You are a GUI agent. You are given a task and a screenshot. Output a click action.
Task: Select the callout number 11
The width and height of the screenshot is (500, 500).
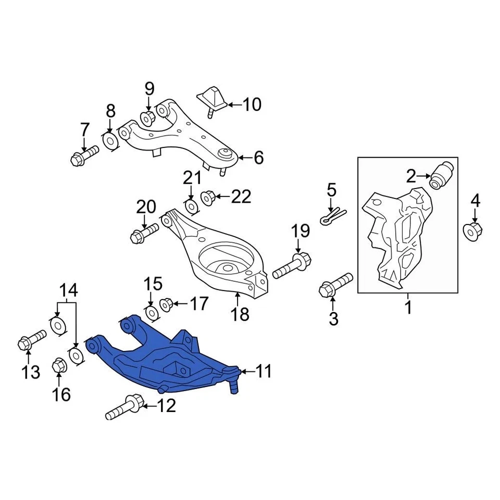[x=264, y=371]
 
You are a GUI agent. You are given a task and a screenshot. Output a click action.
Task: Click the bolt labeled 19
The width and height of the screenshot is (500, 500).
[x=292, y=265]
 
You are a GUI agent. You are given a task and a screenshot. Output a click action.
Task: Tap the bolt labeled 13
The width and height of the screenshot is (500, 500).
[x=31, y=340]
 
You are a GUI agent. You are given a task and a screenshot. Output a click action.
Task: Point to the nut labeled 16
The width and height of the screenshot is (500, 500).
[x=59, y=367]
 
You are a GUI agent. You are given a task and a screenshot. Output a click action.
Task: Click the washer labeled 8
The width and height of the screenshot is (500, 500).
[x=110, y=141]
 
